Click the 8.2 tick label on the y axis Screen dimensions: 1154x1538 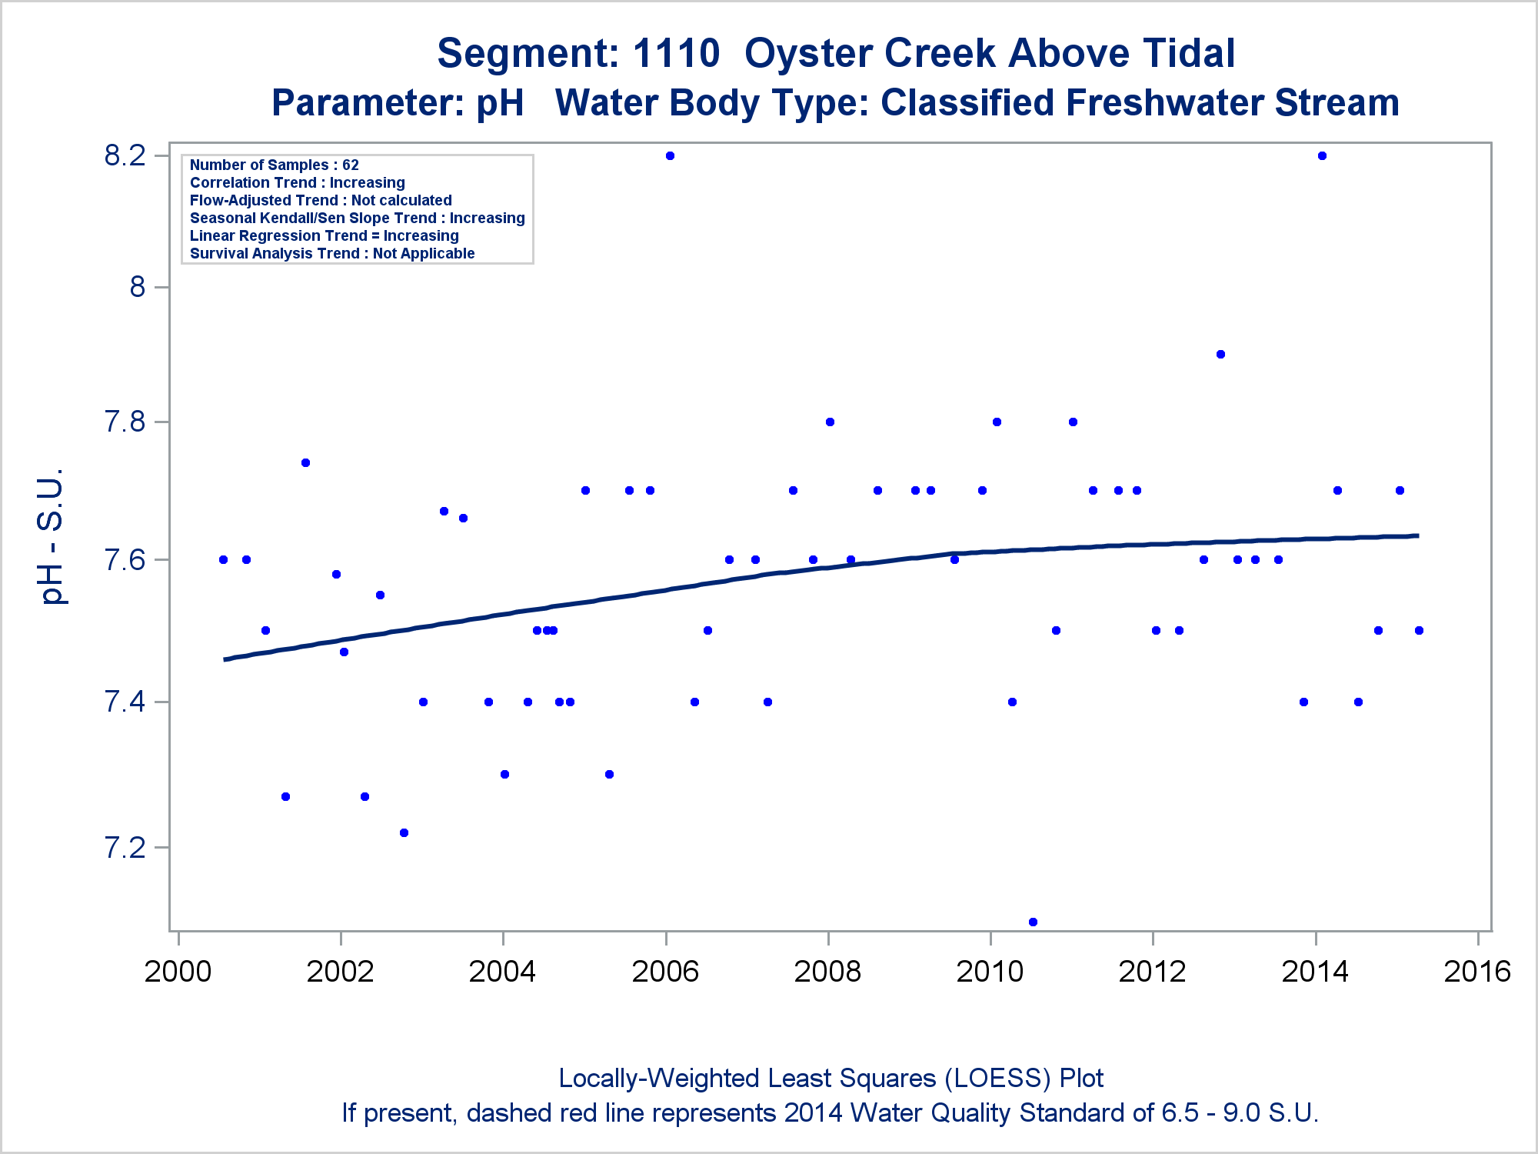[125, 156]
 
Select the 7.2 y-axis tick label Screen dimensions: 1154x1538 [125, 848]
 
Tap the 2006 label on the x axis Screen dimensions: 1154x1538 [665, 972]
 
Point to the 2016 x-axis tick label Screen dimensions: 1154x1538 [1477, 972]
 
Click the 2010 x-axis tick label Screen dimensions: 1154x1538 [990, 972]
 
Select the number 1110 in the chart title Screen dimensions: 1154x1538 [676, 54]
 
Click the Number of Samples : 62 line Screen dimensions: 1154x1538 [275, 165]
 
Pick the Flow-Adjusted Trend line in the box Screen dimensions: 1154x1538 [321, 200]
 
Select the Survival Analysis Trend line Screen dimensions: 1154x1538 [332, 253]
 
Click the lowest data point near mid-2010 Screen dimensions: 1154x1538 [1033, 922]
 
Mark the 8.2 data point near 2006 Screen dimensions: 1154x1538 [670, 156]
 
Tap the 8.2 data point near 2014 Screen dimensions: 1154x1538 [1322, 156]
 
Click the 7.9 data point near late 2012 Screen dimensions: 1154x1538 [1220, 355]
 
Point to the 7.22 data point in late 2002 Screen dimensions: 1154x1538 [404, 832]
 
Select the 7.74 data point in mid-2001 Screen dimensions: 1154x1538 [305, 462]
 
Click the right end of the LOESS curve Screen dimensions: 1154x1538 [1417, 535]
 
